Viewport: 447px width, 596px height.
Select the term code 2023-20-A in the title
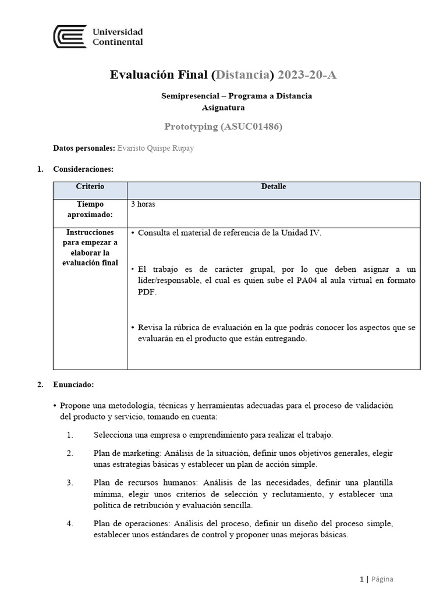coord(307,75)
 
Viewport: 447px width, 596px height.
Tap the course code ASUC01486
coord(251,126)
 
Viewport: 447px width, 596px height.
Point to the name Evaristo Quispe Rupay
coord(155,148)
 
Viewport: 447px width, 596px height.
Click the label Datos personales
coord(84,148)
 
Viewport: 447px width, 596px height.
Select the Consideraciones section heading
coord(83,169)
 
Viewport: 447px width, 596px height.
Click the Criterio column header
coord(90,187)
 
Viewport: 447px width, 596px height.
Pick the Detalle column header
coord(273,187)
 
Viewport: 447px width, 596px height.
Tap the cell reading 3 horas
coord(144,204)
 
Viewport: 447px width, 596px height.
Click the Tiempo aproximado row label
coord(90,210)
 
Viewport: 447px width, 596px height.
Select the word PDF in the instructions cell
coord(146,292)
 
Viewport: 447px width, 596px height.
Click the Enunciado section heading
coord(73,385)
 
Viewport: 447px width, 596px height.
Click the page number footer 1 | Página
coord(377,579)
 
